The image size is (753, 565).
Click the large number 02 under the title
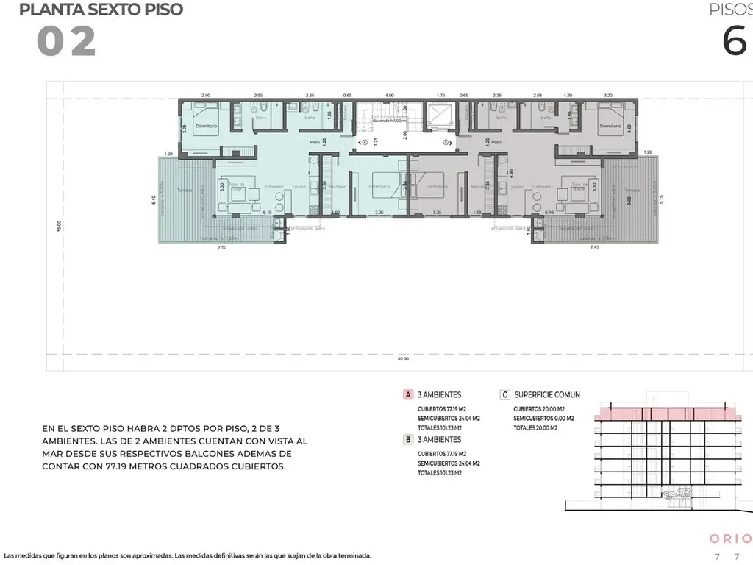66,42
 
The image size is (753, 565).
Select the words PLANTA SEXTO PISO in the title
101,10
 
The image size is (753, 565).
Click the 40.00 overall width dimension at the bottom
403,359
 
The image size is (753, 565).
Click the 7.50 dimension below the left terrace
222,248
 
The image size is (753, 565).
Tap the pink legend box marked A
407,394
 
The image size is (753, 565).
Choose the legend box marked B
407,439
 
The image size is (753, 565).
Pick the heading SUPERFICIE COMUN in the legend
547,394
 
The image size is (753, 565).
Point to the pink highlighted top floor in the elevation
668,414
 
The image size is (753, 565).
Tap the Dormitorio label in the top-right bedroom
610,127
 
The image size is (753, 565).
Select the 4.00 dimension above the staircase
390,95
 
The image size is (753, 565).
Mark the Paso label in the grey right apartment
496,142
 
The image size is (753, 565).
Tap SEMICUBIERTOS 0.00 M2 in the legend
543,418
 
